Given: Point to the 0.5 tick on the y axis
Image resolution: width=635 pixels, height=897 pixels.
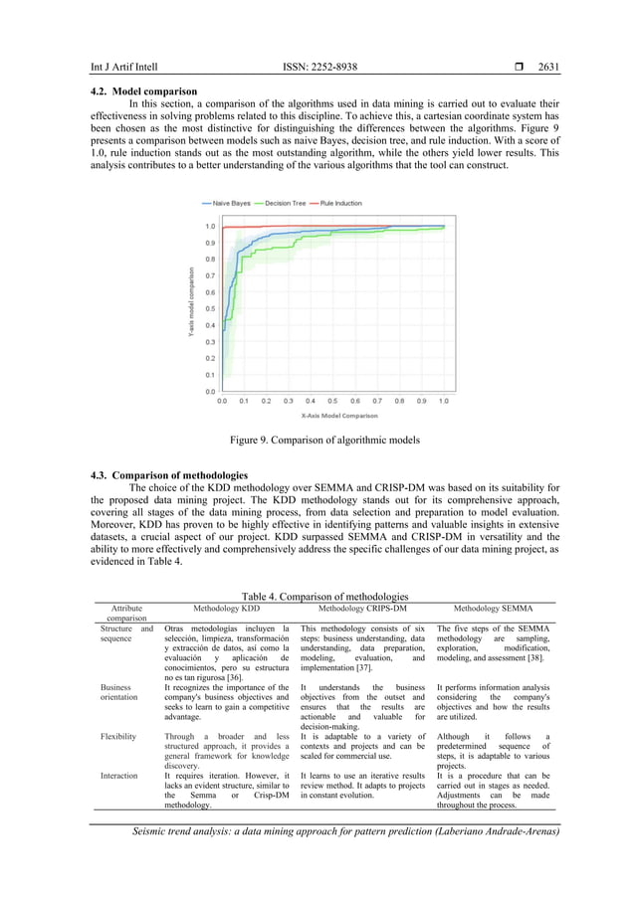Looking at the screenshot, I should (210, 309).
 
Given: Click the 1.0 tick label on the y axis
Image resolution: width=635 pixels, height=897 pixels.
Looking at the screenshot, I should (210, 227).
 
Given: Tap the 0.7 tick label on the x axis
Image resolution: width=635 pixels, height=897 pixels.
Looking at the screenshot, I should (377, 401).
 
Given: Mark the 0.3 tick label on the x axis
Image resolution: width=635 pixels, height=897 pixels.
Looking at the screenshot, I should (289, 401).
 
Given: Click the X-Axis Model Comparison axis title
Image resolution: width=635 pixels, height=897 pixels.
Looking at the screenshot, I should (332, 415).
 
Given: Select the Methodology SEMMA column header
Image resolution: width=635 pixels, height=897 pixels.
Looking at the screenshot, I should (493, 607).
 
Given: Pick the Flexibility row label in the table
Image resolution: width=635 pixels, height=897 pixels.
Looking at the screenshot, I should (119, 737).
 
